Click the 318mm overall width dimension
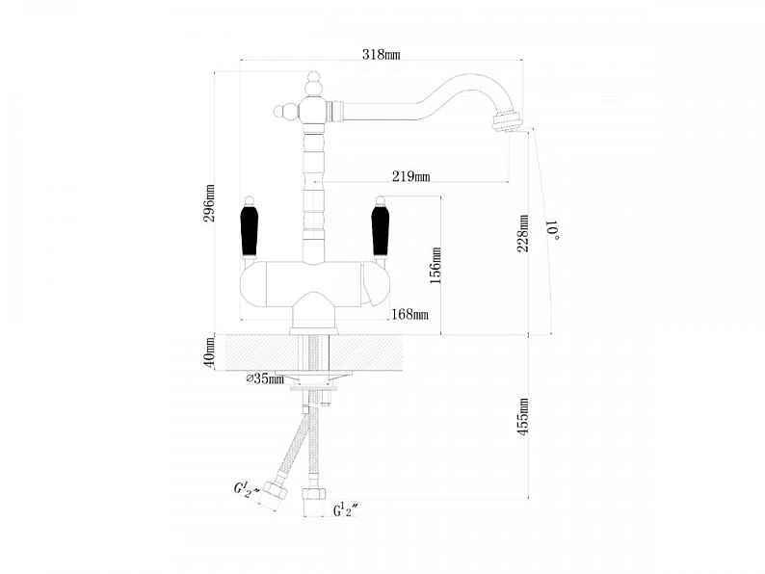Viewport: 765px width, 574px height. pyautogui.click(x=381, y=54)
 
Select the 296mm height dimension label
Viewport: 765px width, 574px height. pyautogui.click(x=209, y=203)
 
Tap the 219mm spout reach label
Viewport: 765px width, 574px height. pyautogui.click(x=410, y=176)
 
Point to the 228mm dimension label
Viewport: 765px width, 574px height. pyautogui.click(x=522, y=233)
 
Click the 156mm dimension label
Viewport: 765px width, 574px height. pyautogui.click(x=435, y=265)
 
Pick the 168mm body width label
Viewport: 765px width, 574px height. pyautogui.click(x=409, y=315)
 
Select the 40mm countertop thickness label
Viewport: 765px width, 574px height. pyautogui.click(x=209, y=352)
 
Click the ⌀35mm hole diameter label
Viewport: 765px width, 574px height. pyautogui.click(x=265, y=378)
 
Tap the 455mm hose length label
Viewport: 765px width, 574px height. pyautogui.click(x=522, y=416)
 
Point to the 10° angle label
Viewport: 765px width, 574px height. pyautogui.click(x=553, y=230)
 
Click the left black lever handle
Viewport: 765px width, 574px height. pyautogui.click(x=249, y=231)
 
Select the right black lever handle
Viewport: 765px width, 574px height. pyautogui.click(x=380, y=231)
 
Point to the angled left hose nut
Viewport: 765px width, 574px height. pyautogui.click(x=275, y=489)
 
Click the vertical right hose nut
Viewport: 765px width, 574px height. pyautogui.click(x=313, y=493)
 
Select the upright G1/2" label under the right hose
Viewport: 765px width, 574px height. pyautogui.click(x=346, y=510)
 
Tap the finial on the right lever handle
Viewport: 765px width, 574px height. pyautogui.click(x=380, y=200)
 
